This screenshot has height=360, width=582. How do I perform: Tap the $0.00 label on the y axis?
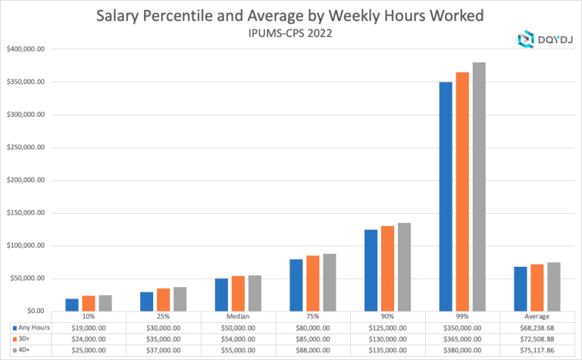pyautogui.click(x=34, y=311)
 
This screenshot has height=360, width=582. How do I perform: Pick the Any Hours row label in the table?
pyautogui.click(x=33, y=326)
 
